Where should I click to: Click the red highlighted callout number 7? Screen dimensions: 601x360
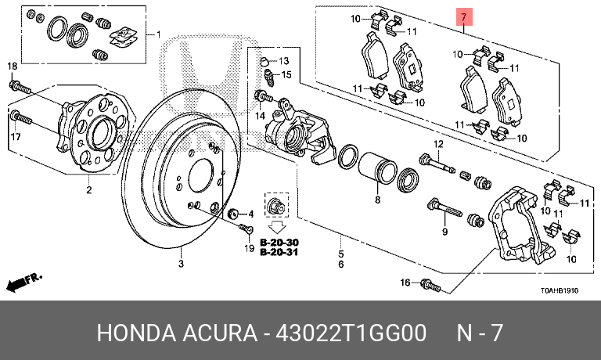pos(464,17)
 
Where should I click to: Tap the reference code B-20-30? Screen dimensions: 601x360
pos(279,243)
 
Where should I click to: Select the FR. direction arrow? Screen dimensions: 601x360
pos(23,283)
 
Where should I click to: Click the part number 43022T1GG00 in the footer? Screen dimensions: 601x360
pos(351,333)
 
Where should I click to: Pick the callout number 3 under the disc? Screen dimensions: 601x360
pos(181,264)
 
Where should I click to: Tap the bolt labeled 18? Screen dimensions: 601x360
pos(20,88)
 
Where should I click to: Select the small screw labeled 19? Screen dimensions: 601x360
pos(246,229)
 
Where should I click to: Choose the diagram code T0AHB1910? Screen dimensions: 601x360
pos(560,290)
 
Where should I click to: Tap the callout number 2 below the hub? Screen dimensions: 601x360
pos(89,189)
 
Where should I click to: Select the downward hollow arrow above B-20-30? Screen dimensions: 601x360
pos(277,227)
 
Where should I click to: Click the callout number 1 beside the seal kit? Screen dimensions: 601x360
pos(158,35)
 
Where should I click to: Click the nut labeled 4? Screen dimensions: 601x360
pos(233,213)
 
